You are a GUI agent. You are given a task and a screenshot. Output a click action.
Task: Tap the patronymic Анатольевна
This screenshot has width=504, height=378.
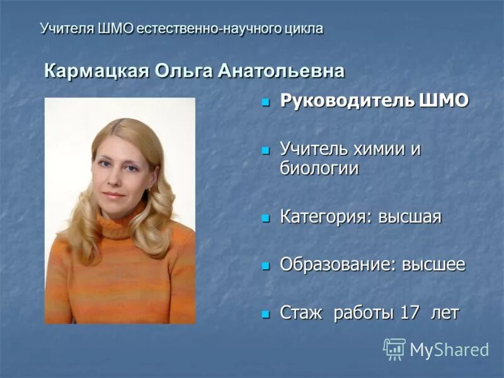(281, 71)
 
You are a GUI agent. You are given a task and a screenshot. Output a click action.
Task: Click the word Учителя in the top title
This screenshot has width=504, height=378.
(67, 28)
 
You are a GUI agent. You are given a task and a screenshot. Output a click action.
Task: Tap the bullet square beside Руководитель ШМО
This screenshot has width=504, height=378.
(266, 101)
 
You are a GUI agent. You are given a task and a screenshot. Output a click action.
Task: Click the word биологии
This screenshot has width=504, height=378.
(319, 169)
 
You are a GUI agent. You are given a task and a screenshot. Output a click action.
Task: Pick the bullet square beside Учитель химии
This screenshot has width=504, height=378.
(266, 150)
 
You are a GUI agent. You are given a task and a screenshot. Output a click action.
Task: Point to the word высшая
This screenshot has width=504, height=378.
(410, 217)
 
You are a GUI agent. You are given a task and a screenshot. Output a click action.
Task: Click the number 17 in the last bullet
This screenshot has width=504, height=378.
(409, 312)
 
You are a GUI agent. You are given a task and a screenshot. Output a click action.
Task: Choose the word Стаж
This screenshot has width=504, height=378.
(301, 312)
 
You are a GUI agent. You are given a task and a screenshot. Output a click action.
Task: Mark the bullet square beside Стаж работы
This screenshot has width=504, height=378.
(266, 312)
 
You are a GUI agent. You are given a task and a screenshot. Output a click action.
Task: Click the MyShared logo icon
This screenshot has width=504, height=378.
(394, 349)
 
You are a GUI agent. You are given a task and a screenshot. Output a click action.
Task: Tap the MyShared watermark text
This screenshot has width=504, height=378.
(449, 350)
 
